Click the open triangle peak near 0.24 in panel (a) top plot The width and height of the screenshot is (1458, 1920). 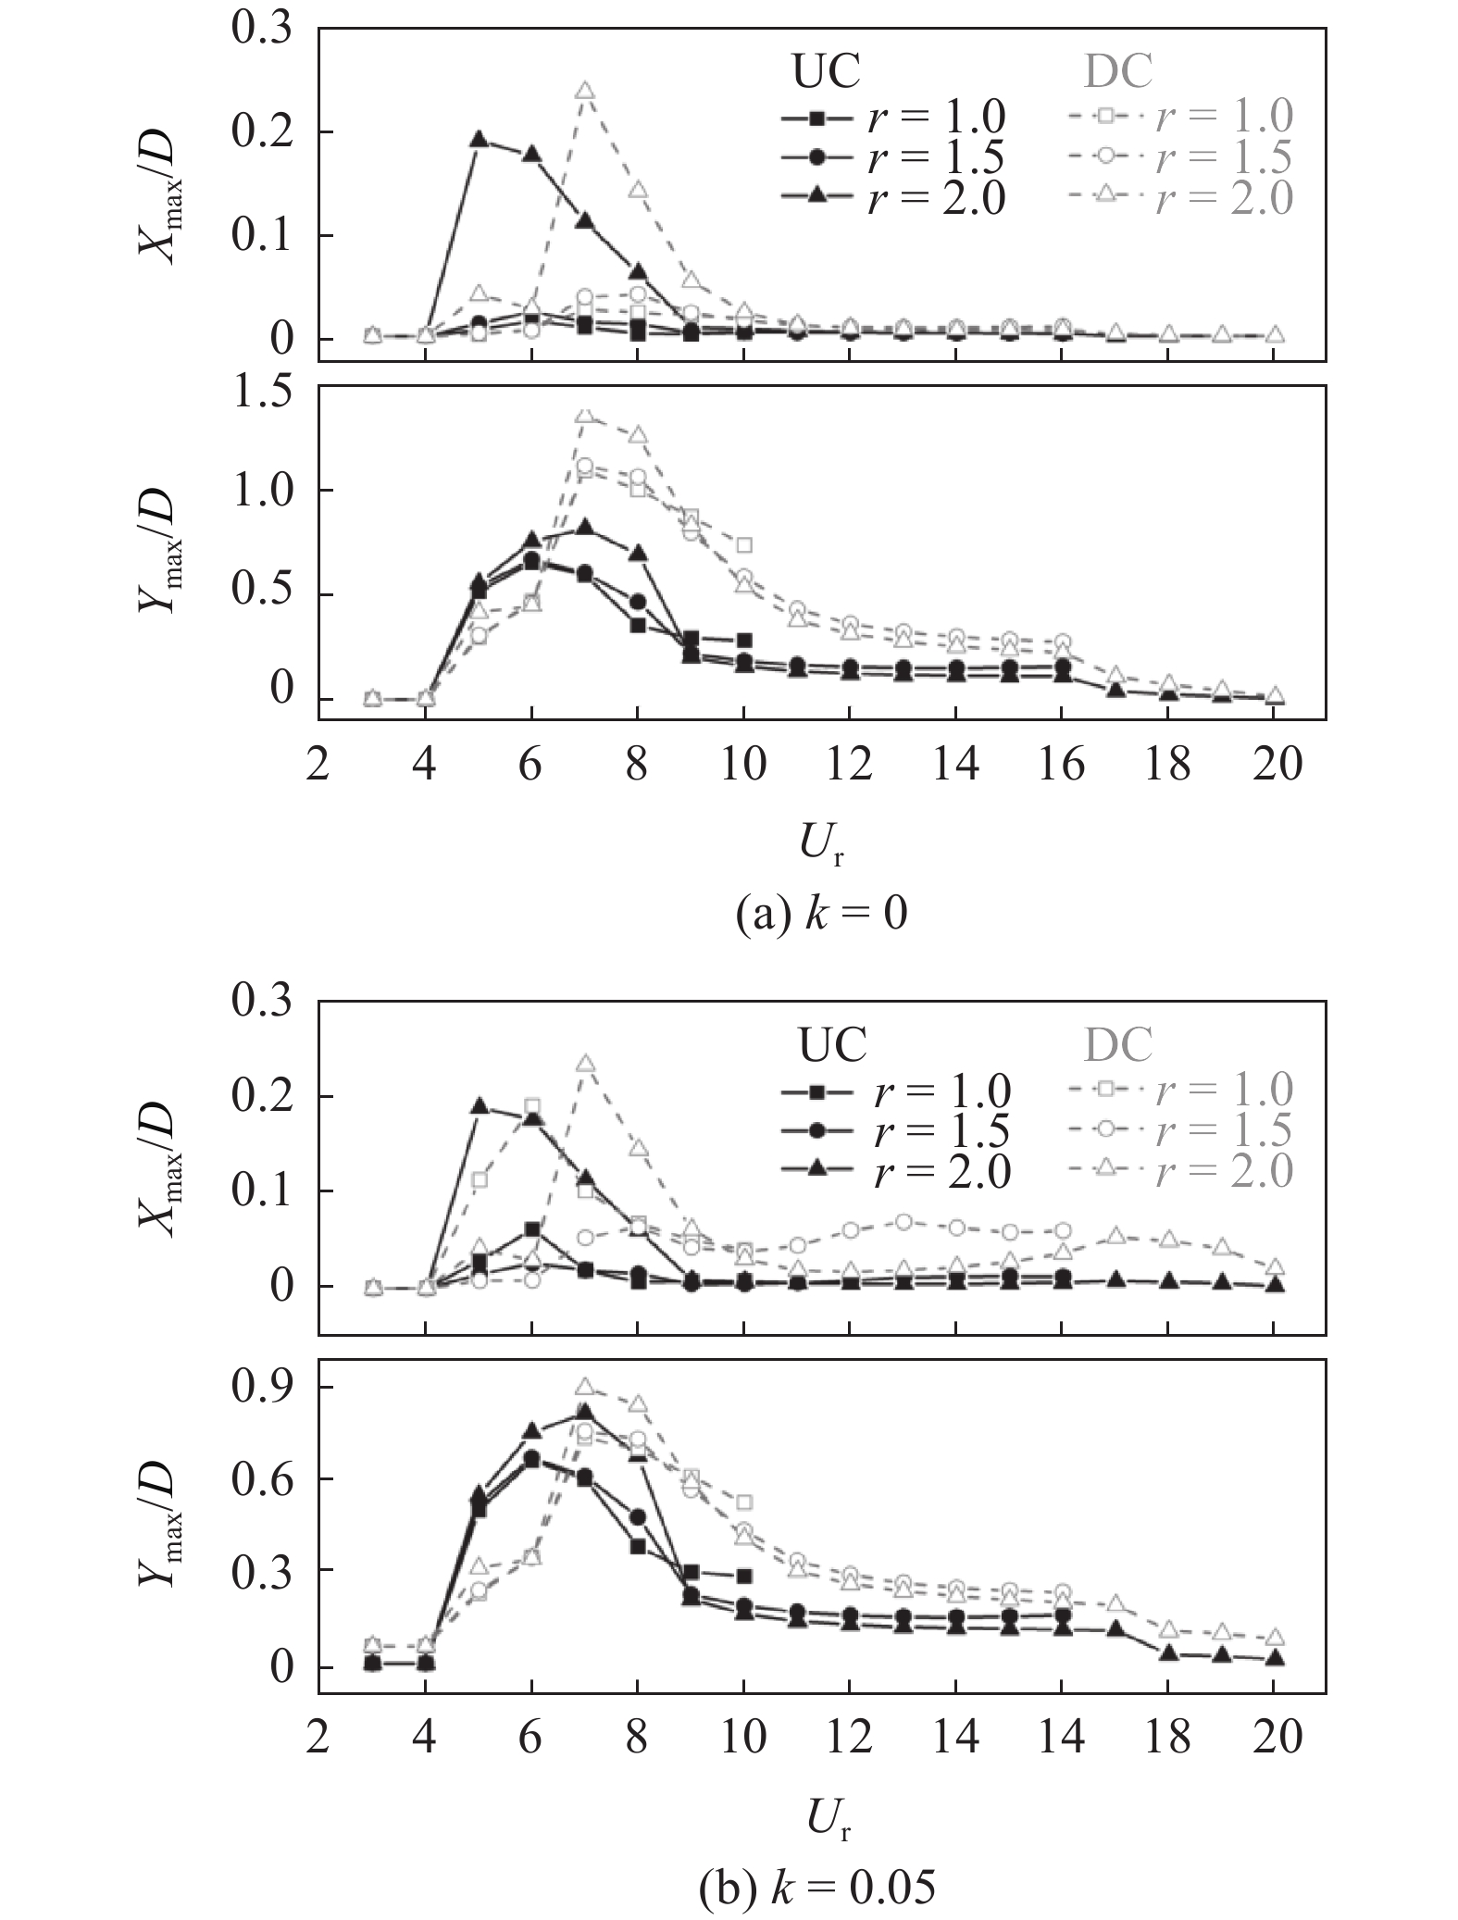[584, 91]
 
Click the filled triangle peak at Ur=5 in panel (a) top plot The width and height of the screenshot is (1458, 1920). [479, 139]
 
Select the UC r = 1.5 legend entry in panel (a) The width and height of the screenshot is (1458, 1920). [893, 158]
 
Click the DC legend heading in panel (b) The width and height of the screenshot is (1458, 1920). [1118, 1046]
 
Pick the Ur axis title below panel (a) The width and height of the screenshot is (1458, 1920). [820, 844]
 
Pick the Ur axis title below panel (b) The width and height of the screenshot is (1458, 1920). [820, 1819]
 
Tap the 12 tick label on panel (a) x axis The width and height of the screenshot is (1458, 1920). [849, 766]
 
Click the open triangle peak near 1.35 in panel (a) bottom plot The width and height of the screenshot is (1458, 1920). [584, 416]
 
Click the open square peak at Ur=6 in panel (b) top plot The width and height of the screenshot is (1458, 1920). [531, 1106]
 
